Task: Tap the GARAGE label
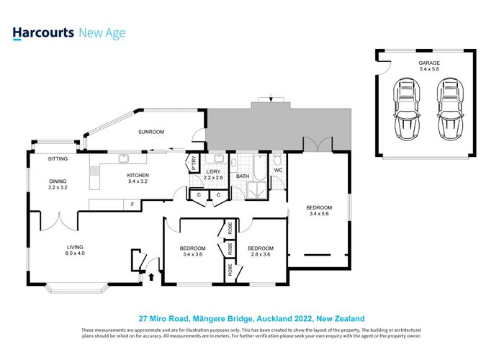tap(430, 63)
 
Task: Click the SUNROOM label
tap(151, 132)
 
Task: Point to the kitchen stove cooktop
tap(94, 171)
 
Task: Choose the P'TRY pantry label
tap(192, 163)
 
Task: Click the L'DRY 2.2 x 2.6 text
tap(214, 173)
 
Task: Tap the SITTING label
tap(58, 158)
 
